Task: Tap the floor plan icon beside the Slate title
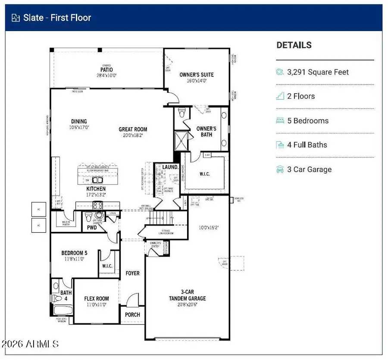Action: [16, 18]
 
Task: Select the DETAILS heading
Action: [294, 45]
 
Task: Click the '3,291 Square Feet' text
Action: [318, 73]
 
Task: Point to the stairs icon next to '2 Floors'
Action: [280, 97]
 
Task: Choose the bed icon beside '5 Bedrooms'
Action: [280, 121]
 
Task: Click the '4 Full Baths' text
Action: [307, 145]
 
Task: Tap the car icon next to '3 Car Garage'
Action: [280, 170]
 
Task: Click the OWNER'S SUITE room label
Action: [196, 75]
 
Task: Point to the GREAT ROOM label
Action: [133, 129]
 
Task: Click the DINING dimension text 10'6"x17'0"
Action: [79, 128]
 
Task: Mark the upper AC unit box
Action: [38, 208]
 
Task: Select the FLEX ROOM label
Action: [96, 299]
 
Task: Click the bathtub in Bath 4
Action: [63, 310]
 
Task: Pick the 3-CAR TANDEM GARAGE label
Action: [187, 295]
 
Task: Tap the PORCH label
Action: [132, 315]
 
